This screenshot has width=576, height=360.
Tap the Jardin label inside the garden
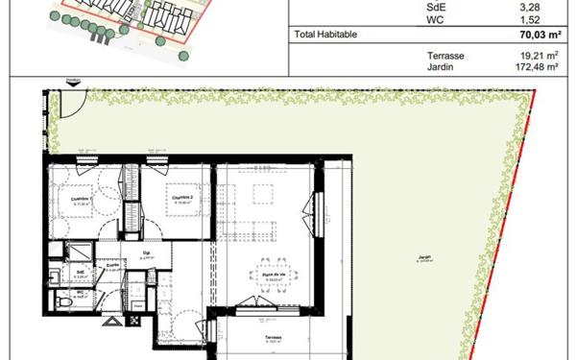(424, 256)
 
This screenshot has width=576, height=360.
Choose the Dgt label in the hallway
(147, 253)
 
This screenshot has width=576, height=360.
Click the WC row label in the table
(433, 19)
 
